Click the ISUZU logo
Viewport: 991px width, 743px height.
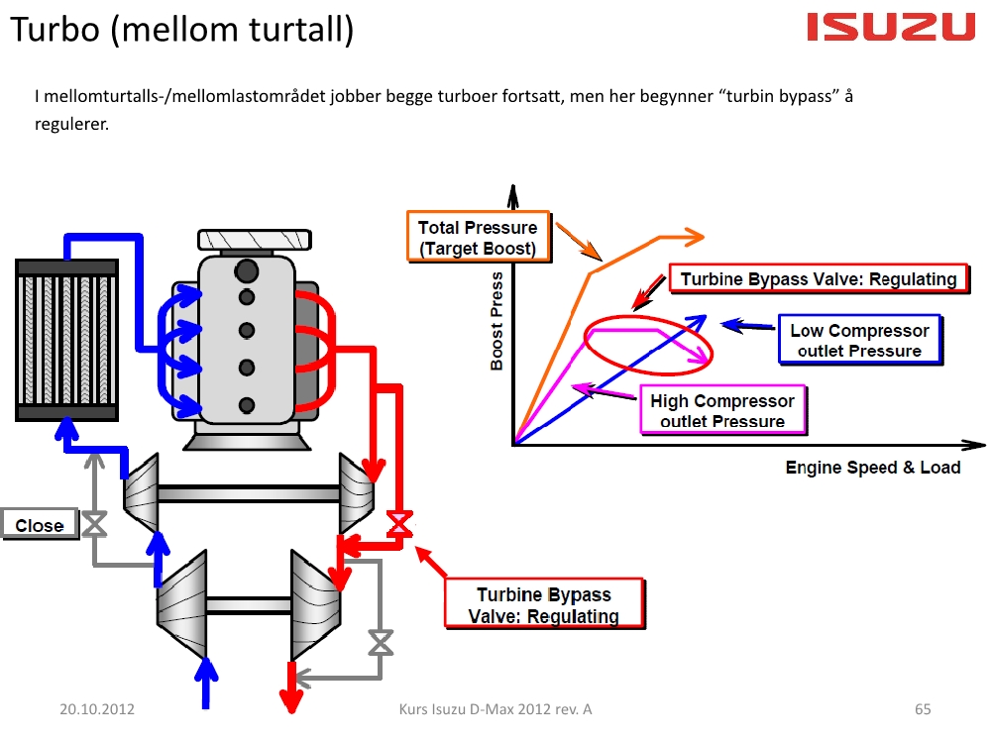(x=891, y=27)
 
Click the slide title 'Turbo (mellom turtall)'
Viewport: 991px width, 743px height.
(x=181, y=31)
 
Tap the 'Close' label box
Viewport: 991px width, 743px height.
(x=40, y=525)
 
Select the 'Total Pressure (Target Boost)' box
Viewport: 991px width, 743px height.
(x=478, y=238)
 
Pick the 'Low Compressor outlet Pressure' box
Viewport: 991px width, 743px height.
(x=859, y=341)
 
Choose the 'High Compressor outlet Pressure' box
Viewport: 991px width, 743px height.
(x=722, y=411)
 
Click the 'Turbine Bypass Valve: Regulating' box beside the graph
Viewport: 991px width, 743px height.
(x=819, y=279)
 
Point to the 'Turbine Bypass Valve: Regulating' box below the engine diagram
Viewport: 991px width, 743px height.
(x=544, y=605)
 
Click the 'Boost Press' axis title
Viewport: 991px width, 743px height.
(x=496, y=321)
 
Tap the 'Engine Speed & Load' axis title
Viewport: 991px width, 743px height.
(x=873, y=468)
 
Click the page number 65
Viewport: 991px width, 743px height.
(x=923, y=709)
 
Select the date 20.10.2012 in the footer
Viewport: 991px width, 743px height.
(x=97, y=709)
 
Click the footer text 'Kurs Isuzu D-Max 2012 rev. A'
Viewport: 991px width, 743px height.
(x=495, y=709)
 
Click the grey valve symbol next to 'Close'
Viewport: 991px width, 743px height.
(x=95, y=525)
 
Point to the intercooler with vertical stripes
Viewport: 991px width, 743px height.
(x=67, y=338)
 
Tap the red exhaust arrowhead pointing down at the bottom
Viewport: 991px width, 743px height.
(x=291, y=700)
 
